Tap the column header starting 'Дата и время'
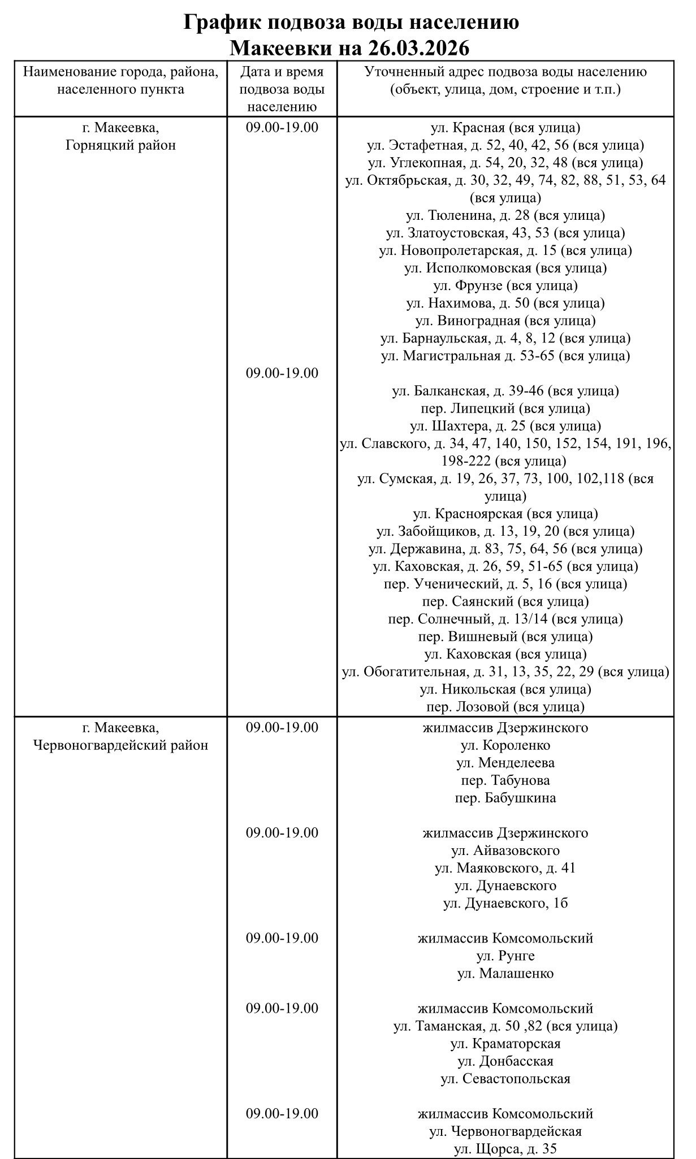(x=282, y=72)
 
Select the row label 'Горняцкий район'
(x=120, y=145)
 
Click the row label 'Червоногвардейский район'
(x=120, y=745)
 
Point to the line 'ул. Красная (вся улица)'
(x=505, y=128)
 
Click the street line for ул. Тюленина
(x=505, y=215)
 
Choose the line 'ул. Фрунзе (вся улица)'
(x=505, y=285)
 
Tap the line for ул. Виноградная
(x=505, y=320)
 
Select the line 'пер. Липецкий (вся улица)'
(x=505, y=408)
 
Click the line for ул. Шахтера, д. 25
(x=505, y=426)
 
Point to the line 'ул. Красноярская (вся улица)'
(x=505, y=514)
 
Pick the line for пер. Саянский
(x=505, y=601)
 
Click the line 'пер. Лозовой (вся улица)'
(x=505, y=706)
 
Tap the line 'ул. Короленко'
(x=505, y=745)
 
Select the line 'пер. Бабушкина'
(x=505, y=798)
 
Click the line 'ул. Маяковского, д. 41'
(x=505, y=868)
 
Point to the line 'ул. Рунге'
(x=505, y=956)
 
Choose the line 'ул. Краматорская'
(x=505, y=1043)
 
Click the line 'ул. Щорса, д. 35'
(x=505, y=1148)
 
